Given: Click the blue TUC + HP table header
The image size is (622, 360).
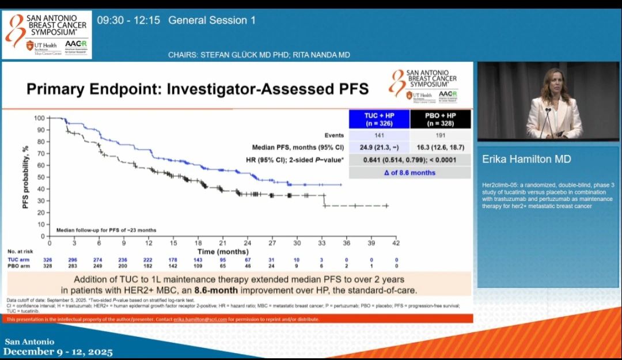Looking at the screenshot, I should click(x=379, y=119).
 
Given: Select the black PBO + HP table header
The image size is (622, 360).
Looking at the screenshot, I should click(x=441, y=119).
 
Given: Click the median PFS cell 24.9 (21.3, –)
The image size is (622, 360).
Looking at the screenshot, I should click(x=379, y=147).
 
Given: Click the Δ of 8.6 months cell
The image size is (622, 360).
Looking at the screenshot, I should click(x=409, y=172).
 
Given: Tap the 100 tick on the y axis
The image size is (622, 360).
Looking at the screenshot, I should click(x=39, y=118).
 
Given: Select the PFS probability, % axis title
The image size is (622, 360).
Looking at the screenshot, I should click(x=26, y=176).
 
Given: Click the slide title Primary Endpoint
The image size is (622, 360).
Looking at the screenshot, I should click(x=198, y=89).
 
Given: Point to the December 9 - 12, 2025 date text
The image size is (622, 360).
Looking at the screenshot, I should click(x=58, y=351).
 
